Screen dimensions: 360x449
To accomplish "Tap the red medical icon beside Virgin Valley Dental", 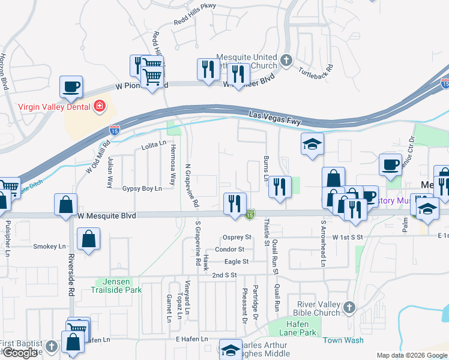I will click(x=100, y=107).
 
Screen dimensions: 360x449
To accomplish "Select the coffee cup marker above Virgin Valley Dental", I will click(x=71, y=87).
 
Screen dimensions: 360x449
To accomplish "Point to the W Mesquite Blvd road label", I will click(x=107, y=215).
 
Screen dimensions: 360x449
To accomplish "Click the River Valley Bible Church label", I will click(x=315, y=308).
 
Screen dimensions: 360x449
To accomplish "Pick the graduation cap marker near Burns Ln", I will click(x=312, y=144).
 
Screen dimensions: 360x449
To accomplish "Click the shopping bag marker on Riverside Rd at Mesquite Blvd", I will click(x=65, y=205).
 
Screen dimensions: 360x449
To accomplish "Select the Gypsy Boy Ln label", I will click(x=142, y=188).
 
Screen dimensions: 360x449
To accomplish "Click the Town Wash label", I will click(x=343, y=340).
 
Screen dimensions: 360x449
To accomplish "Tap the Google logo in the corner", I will click(x=20, y=353).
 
